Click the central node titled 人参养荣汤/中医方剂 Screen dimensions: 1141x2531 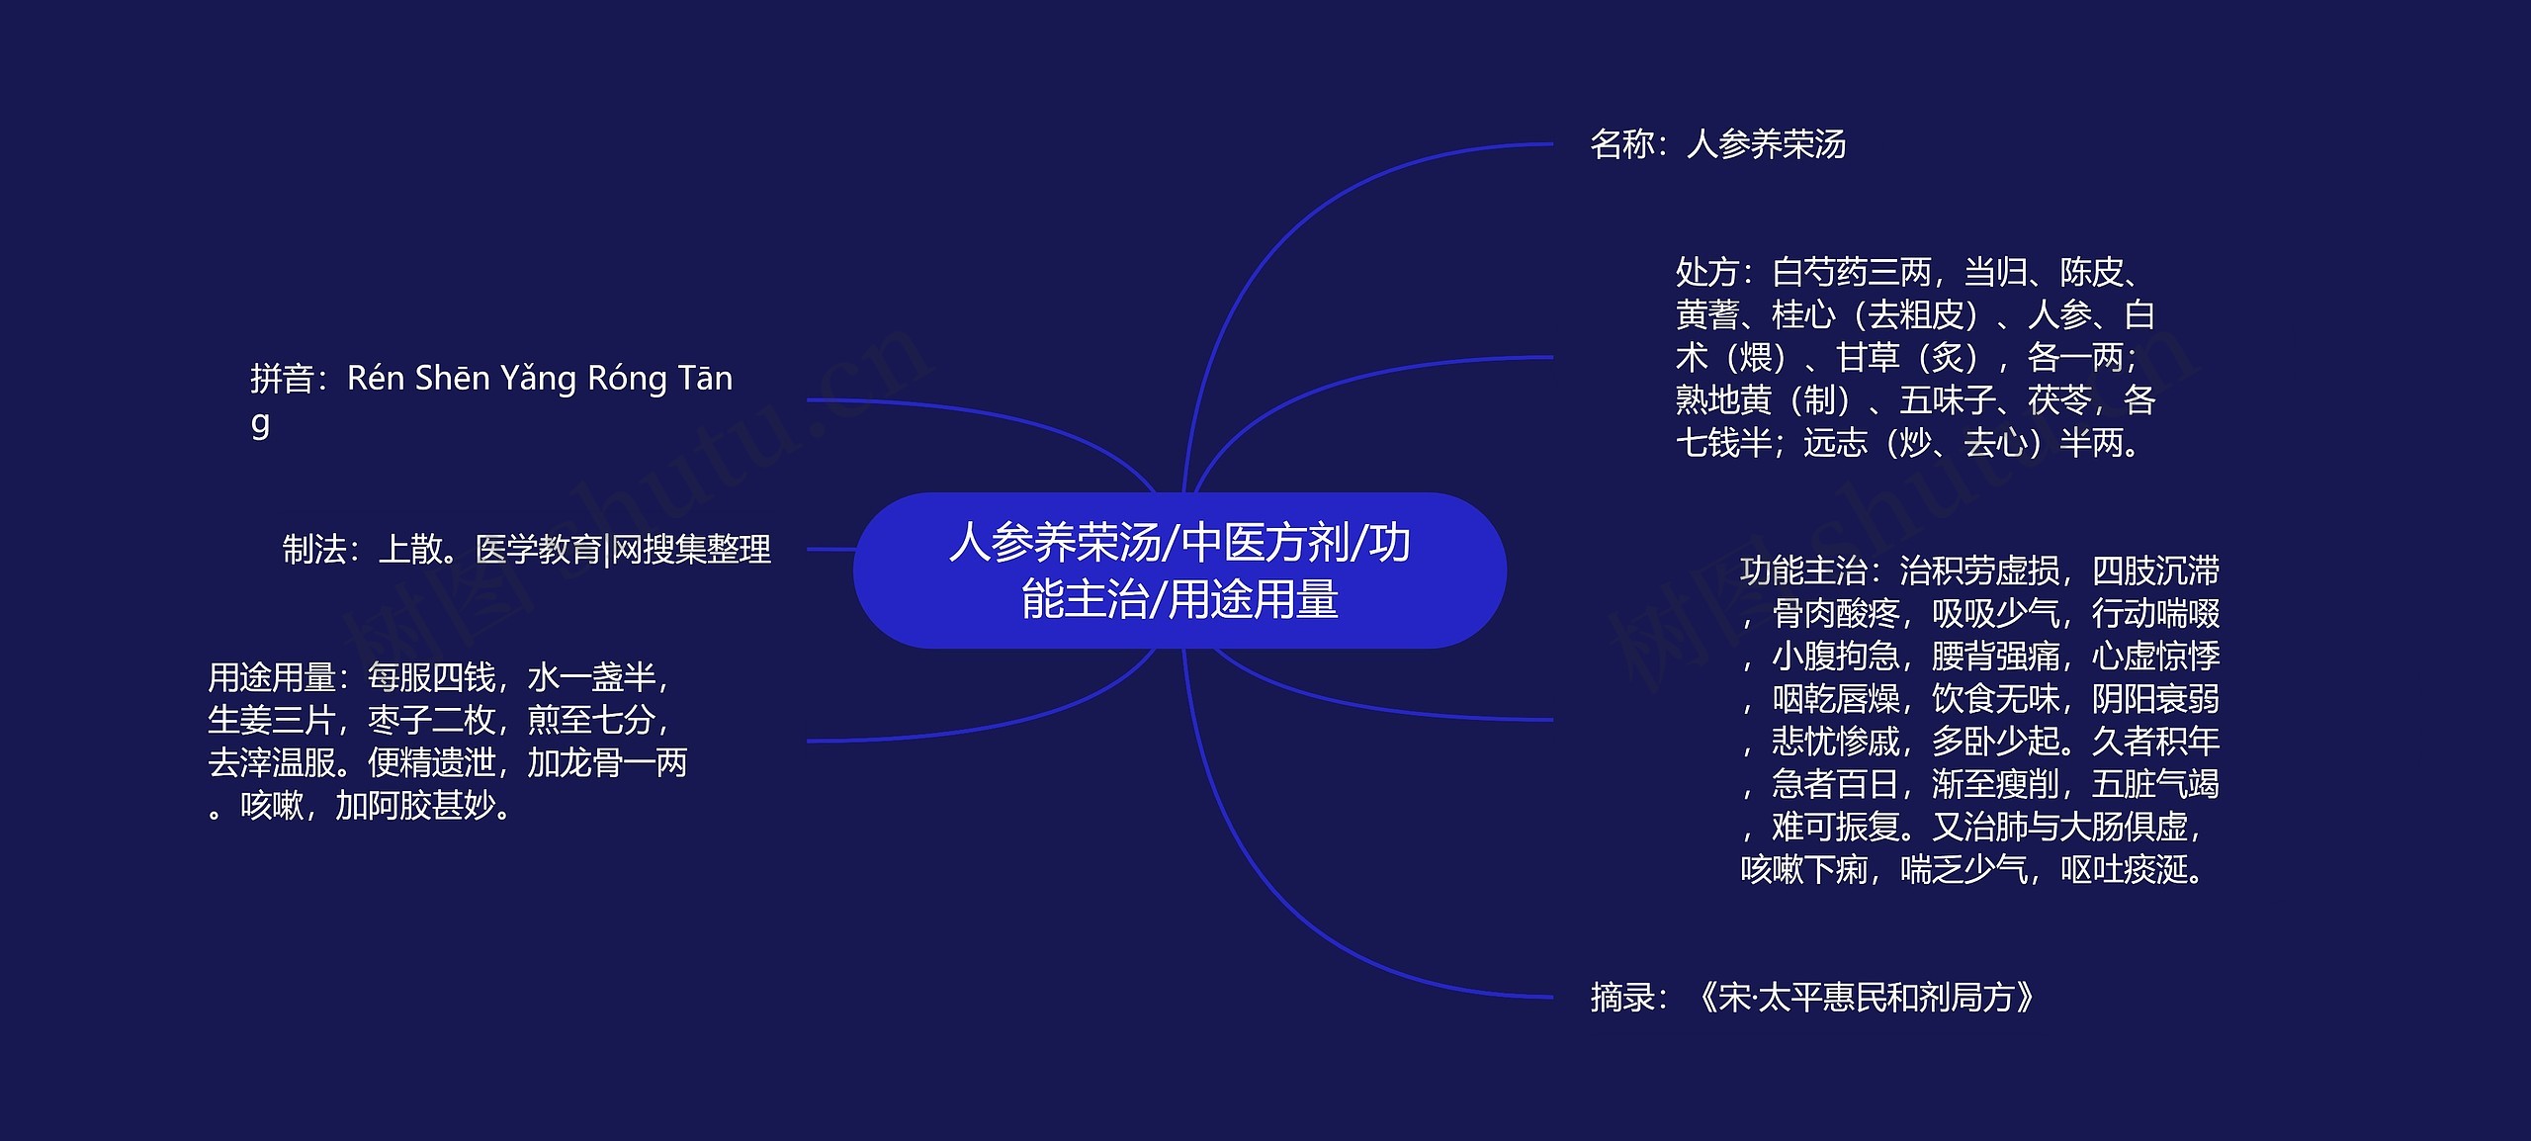pyautogui.click(x=1179, y=570)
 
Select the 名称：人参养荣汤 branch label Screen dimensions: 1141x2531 pyautogui.click(x=1717, y=144)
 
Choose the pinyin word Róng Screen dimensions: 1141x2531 pyautogui.click(x=627, y=378)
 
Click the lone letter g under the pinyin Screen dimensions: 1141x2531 pyautogui.click(x=260, y=423)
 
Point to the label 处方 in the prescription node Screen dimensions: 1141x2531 pyautogui.click(x=1707, y=272)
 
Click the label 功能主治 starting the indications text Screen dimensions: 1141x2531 pyautogui.click(x=1803, y=570)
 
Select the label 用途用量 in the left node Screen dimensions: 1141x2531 pyautogui.click(x=271, y=677)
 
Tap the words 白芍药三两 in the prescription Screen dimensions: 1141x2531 pyautogui.click(x=1851, y=272)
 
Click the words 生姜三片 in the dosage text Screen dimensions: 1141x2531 pyautogui.click(x=271, y=720)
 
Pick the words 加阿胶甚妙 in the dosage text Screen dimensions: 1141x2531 pyautogui.click(x=415, y=806)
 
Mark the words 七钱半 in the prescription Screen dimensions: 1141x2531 pyautogui.click(x=1723, y=443)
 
